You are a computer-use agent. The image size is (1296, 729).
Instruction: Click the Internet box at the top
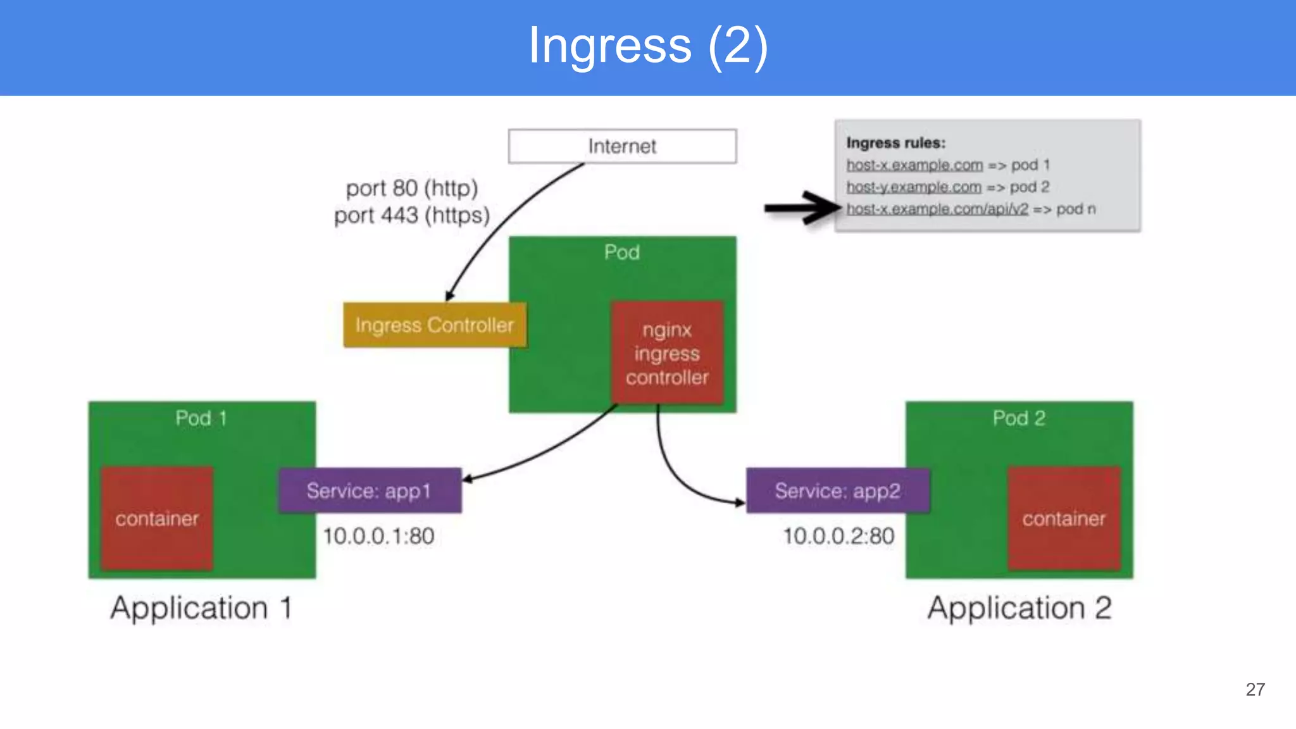click(622, 146)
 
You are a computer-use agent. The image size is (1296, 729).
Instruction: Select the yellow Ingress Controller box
click(434, 325)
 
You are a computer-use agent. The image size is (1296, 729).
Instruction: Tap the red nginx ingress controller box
click(667, 353)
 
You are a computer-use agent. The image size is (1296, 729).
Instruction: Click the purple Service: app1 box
click(370, 490)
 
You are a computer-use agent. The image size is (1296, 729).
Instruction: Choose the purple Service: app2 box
click(837, 490)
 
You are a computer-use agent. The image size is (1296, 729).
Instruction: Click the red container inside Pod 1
click(157, 519)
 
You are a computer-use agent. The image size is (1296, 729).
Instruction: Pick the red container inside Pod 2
click(1064, 519)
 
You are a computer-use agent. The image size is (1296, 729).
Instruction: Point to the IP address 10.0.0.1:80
click(378, 537)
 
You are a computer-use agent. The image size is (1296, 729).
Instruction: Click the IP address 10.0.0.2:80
click(838, 537)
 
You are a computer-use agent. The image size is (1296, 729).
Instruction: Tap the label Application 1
click(201, 608)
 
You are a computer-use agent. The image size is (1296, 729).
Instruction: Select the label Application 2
click(1019, 608)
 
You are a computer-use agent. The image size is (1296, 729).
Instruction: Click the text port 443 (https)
click(412, 216)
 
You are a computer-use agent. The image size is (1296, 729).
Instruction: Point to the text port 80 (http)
click(412, 189)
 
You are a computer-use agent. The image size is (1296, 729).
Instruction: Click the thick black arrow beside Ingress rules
click(801, 208)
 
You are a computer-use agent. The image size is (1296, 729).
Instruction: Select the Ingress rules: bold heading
click(895, 143)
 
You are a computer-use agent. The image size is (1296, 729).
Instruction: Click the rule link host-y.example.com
click(914, 187)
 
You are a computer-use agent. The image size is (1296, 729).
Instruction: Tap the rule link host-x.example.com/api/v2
click(937, 209)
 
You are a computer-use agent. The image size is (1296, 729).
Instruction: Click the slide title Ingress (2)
click(648, 46)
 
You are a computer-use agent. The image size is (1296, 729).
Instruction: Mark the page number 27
click(1255, 690)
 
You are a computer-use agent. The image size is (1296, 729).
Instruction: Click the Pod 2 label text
click(1018, 418)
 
